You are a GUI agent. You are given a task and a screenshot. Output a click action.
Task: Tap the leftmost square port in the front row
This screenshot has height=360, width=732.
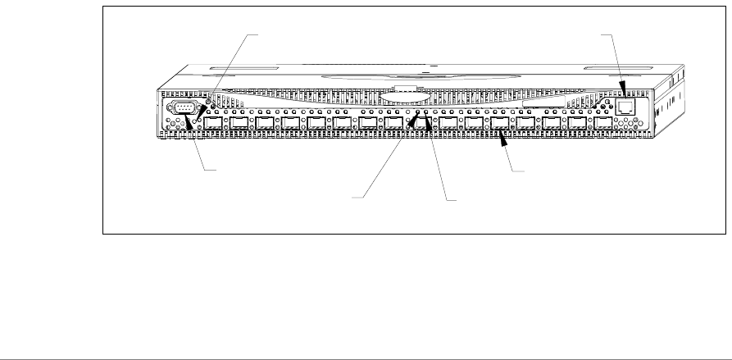(214, 125)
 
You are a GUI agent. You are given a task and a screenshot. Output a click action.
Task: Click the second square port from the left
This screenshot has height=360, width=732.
(240, 125)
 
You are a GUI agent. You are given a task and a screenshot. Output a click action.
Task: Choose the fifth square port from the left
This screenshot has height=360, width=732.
(318, 125)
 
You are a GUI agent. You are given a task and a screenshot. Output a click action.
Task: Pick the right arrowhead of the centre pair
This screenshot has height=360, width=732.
(427, 125)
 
